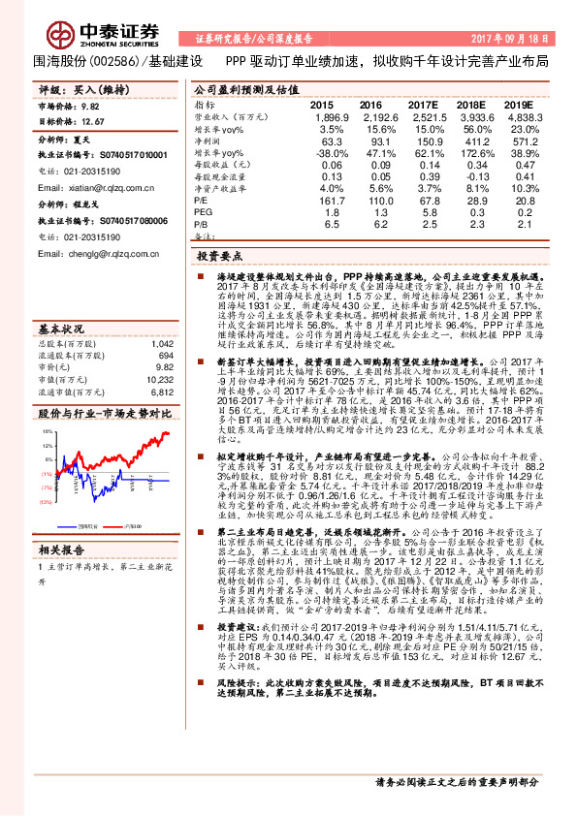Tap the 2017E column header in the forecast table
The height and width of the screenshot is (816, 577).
pyautogui.click(x=422, y=104)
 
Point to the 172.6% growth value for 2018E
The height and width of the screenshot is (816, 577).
pyautogui.click(x=472, y=153)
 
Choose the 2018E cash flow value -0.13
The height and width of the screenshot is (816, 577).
pyautogui.click(x=472, y=175)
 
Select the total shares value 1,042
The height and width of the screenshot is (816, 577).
pyautogui.click(x=161, y=343)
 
